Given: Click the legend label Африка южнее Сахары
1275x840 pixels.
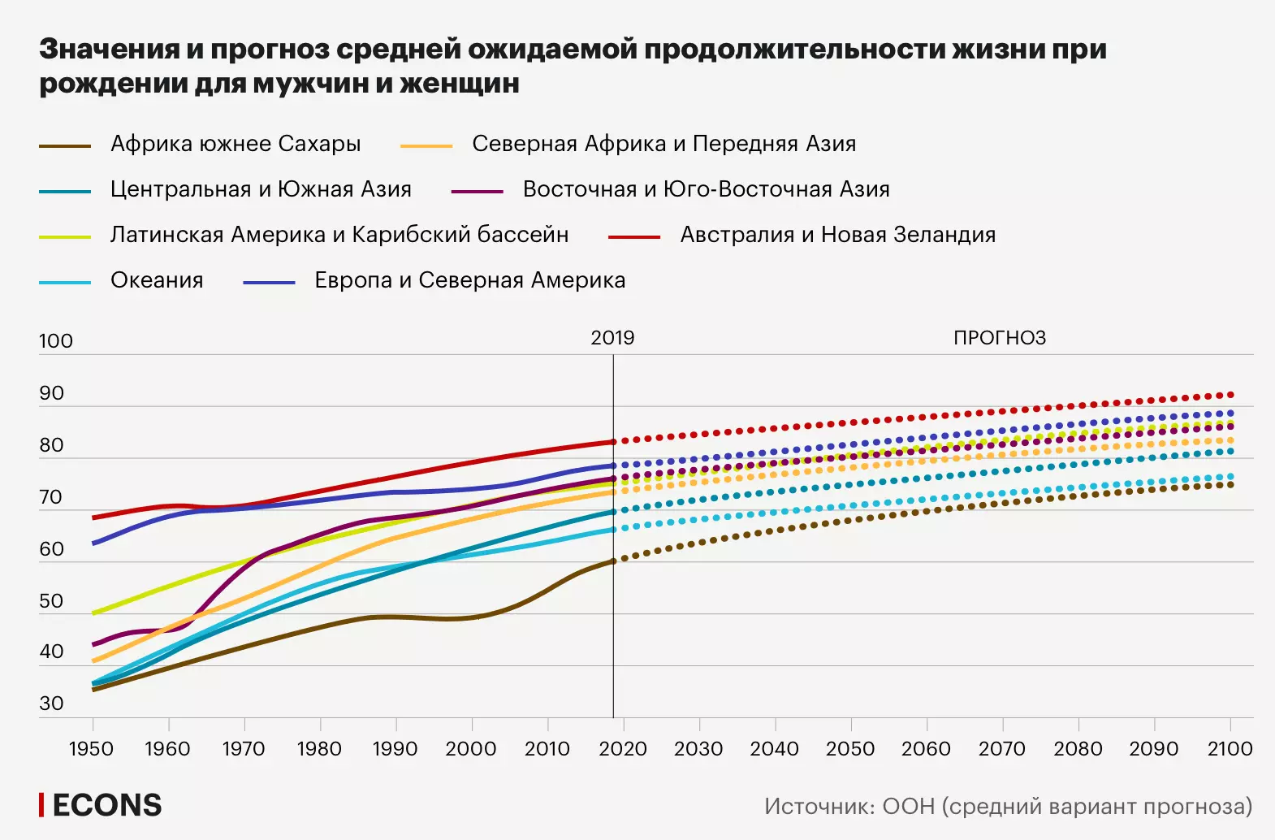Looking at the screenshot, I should (236, 144).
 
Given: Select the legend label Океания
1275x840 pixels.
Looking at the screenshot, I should (157, 280).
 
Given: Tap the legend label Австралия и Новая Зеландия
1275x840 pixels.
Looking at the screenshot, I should (837, 235).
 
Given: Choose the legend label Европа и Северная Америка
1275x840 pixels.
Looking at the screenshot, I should (469, 280).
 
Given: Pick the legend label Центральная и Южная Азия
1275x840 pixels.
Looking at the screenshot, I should (261, 189).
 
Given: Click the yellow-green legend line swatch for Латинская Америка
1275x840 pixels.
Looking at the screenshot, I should (65, 236).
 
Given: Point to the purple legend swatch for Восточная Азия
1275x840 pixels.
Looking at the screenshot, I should (478, 191).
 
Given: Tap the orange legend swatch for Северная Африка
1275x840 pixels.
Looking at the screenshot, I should (426, 145).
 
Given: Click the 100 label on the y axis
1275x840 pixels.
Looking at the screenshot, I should (55, 341).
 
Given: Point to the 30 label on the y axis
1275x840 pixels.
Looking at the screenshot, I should (51, 704).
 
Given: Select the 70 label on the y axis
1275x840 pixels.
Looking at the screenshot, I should (51, 497).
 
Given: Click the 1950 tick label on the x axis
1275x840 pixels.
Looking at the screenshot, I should (91, 749).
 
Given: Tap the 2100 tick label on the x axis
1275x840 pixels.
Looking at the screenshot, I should (1230, 749).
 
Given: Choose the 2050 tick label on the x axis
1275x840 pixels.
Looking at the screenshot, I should (850, 749).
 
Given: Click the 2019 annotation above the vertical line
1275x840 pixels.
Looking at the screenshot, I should (612, 338).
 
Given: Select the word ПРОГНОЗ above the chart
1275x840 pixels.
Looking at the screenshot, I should (1000, 338).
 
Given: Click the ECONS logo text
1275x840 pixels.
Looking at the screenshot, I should (106, 805).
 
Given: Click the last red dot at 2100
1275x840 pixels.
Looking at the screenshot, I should (1230, 395).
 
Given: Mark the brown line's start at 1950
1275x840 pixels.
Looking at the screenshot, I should (93, 690).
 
